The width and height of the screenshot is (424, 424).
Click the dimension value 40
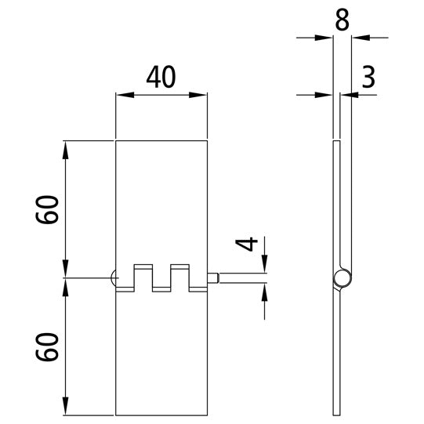coord(161,77)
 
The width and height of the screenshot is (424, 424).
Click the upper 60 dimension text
coord(48,210)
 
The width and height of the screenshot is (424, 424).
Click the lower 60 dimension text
coord(48,346)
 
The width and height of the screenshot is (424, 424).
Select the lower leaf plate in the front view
coord(161,353)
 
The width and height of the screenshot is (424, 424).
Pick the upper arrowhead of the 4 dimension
coord(264,266)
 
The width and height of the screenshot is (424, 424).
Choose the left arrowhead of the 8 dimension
coord(328,36)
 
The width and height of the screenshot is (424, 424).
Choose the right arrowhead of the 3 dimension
coord(355,95)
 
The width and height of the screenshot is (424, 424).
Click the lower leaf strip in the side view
coord(338,353)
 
